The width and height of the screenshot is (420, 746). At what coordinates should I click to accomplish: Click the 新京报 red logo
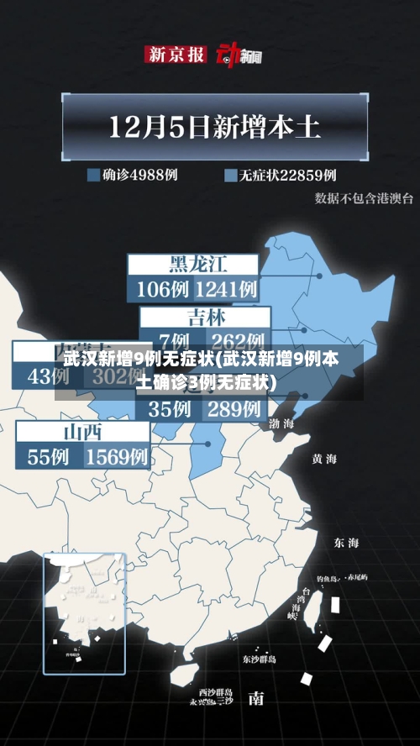(176, 55)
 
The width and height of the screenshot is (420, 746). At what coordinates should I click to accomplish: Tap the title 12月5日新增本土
(215, 128)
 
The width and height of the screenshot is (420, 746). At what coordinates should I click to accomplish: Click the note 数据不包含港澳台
(364, 198)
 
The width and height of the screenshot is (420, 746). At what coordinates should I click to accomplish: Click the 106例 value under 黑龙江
(162, 290)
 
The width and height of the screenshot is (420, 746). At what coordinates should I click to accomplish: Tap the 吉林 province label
(206, 318)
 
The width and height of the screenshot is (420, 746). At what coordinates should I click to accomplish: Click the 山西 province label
(82, 432)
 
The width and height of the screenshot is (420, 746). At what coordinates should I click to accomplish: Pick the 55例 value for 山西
(49, 457)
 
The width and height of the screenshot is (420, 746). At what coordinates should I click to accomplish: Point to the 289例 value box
(234, 409)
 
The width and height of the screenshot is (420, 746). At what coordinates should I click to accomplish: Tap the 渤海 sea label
(281, 424)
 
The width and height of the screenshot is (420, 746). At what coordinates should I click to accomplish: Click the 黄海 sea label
(324, 459)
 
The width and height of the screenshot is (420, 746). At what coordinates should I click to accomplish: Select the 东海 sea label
(346, 542)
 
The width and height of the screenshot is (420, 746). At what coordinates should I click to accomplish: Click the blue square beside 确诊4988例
(93, 176)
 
